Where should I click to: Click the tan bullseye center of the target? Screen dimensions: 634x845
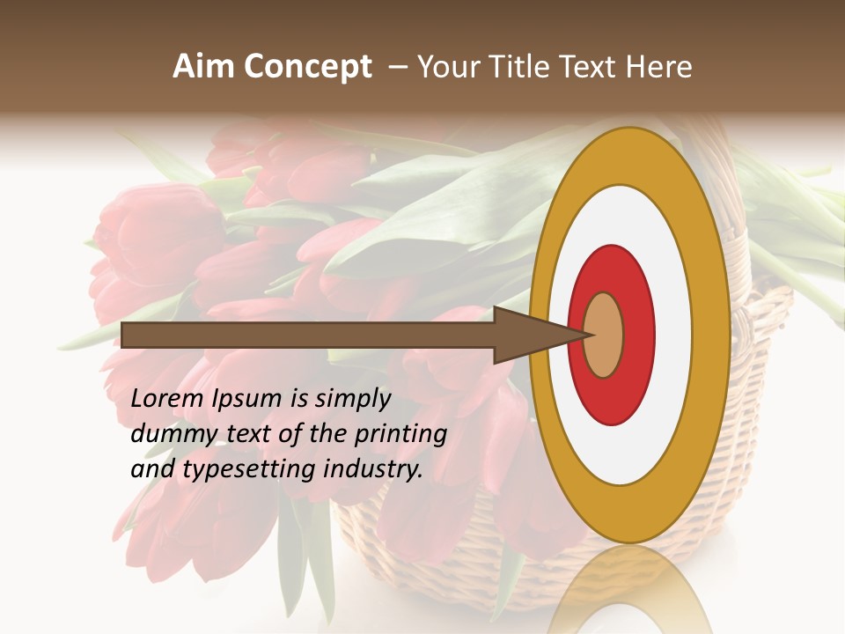(x=603, y=335)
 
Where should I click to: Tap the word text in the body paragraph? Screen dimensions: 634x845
(x=249, y=435)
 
